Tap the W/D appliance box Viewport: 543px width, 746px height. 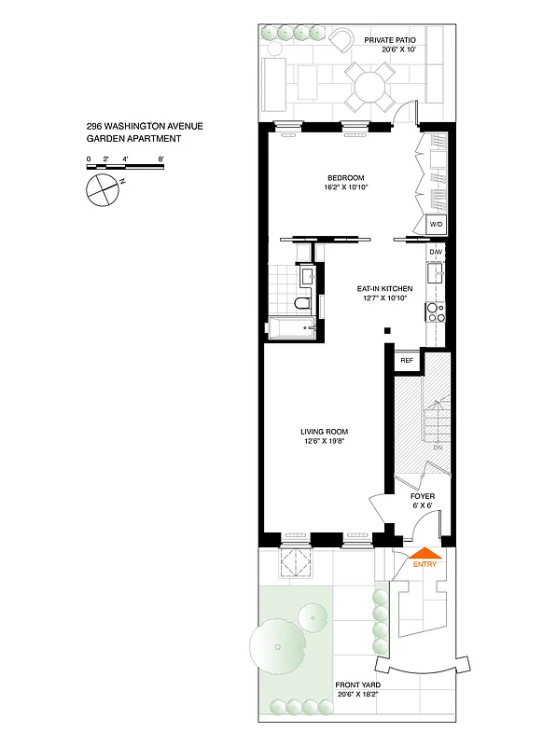(x=435, y=225)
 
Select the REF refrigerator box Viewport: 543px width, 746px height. (x=407, y=360)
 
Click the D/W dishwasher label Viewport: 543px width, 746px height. (x=435, y=252)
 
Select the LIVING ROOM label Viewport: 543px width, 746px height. (x=324, y=431)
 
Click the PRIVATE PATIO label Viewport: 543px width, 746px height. (x=389, y=40)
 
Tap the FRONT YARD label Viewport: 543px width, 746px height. (x=358, y=684)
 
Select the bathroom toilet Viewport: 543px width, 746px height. (x=301, y=303)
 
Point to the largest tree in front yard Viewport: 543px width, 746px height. (x=277, y=645)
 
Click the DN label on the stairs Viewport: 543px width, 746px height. (x=437, y=448)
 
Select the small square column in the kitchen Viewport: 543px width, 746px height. (x=387, y=330)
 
